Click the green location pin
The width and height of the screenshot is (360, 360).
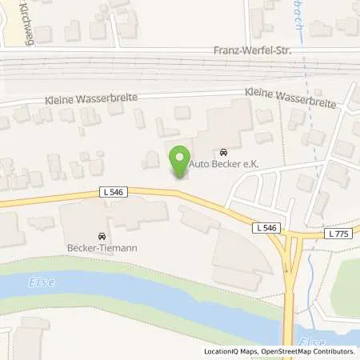click(180, 157)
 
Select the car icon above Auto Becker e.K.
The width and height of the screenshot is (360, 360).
click(222, 152)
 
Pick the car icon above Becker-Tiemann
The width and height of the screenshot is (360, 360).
click(102, 237)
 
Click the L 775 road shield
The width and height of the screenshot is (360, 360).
click(339, 233)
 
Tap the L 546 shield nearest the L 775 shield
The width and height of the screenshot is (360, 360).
click(269, 228)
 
